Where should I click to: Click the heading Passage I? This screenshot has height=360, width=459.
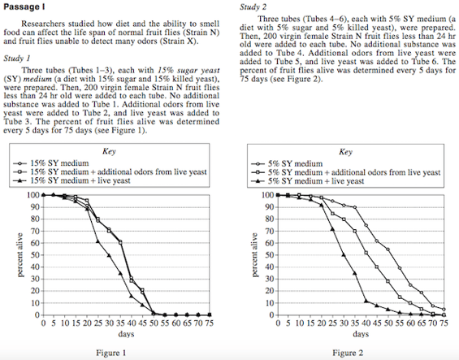click(24, 7)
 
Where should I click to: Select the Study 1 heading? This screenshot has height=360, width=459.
click(17, 59)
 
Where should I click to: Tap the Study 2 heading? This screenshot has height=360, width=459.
click(253, 7)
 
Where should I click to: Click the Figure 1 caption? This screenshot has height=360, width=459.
click(111, 353)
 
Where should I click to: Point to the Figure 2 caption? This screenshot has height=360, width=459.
click(348, 353)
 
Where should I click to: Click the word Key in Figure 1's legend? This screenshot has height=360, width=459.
click(109, 151)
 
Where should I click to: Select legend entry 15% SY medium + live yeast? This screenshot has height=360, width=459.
click(71, 180)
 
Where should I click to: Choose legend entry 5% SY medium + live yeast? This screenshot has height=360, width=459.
click(307, 181)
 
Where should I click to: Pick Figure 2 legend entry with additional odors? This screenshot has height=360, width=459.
click(346, 172)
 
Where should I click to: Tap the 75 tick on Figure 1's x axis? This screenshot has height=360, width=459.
click(209, 323)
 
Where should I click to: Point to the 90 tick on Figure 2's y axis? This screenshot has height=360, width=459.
click(270, 207)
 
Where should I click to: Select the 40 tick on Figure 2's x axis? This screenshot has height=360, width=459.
click(366, 323)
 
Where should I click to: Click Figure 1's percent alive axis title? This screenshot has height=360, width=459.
click(20, 255)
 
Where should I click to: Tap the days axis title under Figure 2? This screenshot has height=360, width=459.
click(361, 334)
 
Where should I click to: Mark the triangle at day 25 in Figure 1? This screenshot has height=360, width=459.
click(97, 241)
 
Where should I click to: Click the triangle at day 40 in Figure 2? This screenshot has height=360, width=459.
click(366, 301)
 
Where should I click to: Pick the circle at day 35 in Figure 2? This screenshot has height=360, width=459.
click(355, 207)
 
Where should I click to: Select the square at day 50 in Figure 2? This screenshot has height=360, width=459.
click(388, 281)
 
